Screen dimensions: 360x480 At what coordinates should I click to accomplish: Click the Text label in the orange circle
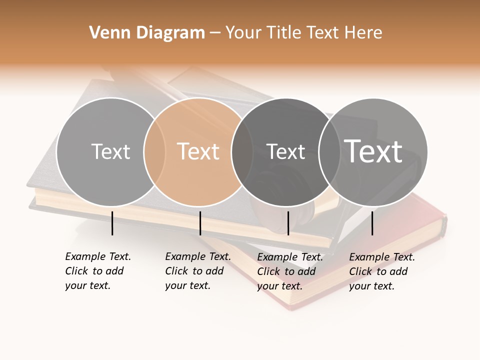(x=198, y=151)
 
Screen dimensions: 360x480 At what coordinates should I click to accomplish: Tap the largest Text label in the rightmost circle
(x=373, y=151)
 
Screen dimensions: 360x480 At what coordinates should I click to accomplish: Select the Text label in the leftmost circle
(x=110, y=151)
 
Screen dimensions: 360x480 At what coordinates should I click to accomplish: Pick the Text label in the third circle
(x=285, y=151)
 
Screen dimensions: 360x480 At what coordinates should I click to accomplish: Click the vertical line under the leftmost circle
(x=112, y=223)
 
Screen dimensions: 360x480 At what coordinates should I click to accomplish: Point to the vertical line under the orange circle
(x=200, y=223)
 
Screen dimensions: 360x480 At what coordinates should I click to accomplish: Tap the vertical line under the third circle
(x=288, y=223)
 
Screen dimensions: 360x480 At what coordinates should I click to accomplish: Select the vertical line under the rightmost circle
(x=372, y=223)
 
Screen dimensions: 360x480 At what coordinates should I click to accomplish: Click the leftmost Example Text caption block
(x=98, y=271)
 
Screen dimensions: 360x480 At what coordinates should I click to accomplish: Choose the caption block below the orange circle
(x=198, y=271)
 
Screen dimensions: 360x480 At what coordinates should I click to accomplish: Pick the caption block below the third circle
(x=290, y=271)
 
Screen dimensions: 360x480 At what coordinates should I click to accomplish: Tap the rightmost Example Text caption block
(x=382, y=271)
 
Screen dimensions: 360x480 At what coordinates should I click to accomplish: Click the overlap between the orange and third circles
(x=242, y=151)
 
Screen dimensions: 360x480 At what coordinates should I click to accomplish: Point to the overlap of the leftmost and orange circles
(x=154, y=151)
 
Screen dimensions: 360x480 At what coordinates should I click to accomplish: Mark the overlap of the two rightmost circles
(x=329, y=151)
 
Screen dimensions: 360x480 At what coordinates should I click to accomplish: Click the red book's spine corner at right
(x=443, y=220)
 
